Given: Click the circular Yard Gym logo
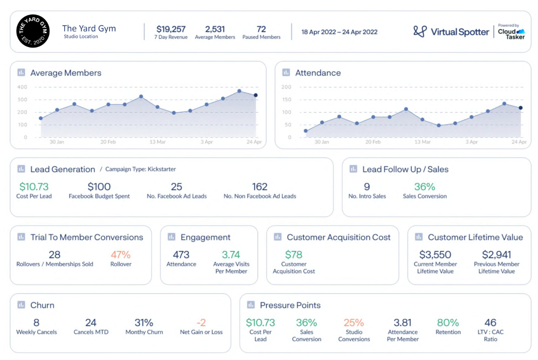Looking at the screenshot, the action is [x=33, y=31].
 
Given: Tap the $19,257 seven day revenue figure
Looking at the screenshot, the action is [x=171, y=29].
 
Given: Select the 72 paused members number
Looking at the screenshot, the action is [x=261, y=29].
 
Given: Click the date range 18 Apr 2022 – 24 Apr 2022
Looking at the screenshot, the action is [x=340, y=32].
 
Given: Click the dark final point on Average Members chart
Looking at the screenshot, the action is [x=256, y=95].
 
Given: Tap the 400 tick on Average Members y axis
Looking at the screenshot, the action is [x=22, y=87].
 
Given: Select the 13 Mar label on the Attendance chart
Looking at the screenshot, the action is [x=422, y=142].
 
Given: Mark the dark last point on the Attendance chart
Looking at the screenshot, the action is [x=520, y=108].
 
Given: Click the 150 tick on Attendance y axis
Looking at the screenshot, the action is [x=286, y=99].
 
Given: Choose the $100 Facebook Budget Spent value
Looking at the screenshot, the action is [x=99, y=187].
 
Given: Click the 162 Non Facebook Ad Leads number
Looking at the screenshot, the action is [x=260, y=187].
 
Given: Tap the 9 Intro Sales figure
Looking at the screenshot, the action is [x=367, y=187].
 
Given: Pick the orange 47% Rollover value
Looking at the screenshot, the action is [x=121, y=255].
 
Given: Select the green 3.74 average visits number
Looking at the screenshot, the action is [x=231, y=255].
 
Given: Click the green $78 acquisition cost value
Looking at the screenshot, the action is [x=293, y=255].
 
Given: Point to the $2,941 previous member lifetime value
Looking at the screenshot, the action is [x=497, y=255].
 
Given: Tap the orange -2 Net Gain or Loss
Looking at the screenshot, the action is [x=201, y=322].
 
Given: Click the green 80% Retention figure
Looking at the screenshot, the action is [x=448, y=322].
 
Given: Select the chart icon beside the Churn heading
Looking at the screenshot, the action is [x=21, y=305].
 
